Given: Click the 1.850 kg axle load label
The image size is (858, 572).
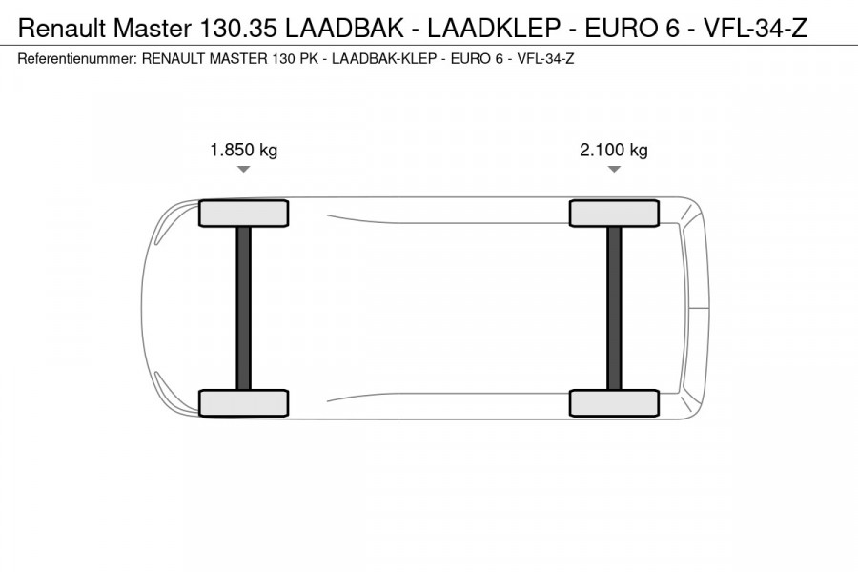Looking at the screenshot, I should coord(243,150).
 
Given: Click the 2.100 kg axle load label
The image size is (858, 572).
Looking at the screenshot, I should coord(613,150).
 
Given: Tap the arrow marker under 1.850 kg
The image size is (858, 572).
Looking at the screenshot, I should coord(244,169).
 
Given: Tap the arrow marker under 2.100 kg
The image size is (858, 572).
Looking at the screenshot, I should coord(614,169).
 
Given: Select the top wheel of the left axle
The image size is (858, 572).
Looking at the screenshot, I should coord(243,214).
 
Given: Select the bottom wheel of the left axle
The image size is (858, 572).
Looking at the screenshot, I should coord(243,402).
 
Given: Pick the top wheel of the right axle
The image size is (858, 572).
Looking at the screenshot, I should coord(614,214).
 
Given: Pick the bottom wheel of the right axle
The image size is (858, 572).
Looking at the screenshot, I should coord(614,402).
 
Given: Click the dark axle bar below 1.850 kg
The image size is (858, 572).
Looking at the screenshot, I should coord(243,308).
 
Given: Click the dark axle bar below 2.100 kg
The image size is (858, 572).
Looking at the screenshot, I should coord(614,308).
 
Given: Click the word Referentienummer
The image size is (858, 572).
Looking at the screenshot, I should coord(76,59).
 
